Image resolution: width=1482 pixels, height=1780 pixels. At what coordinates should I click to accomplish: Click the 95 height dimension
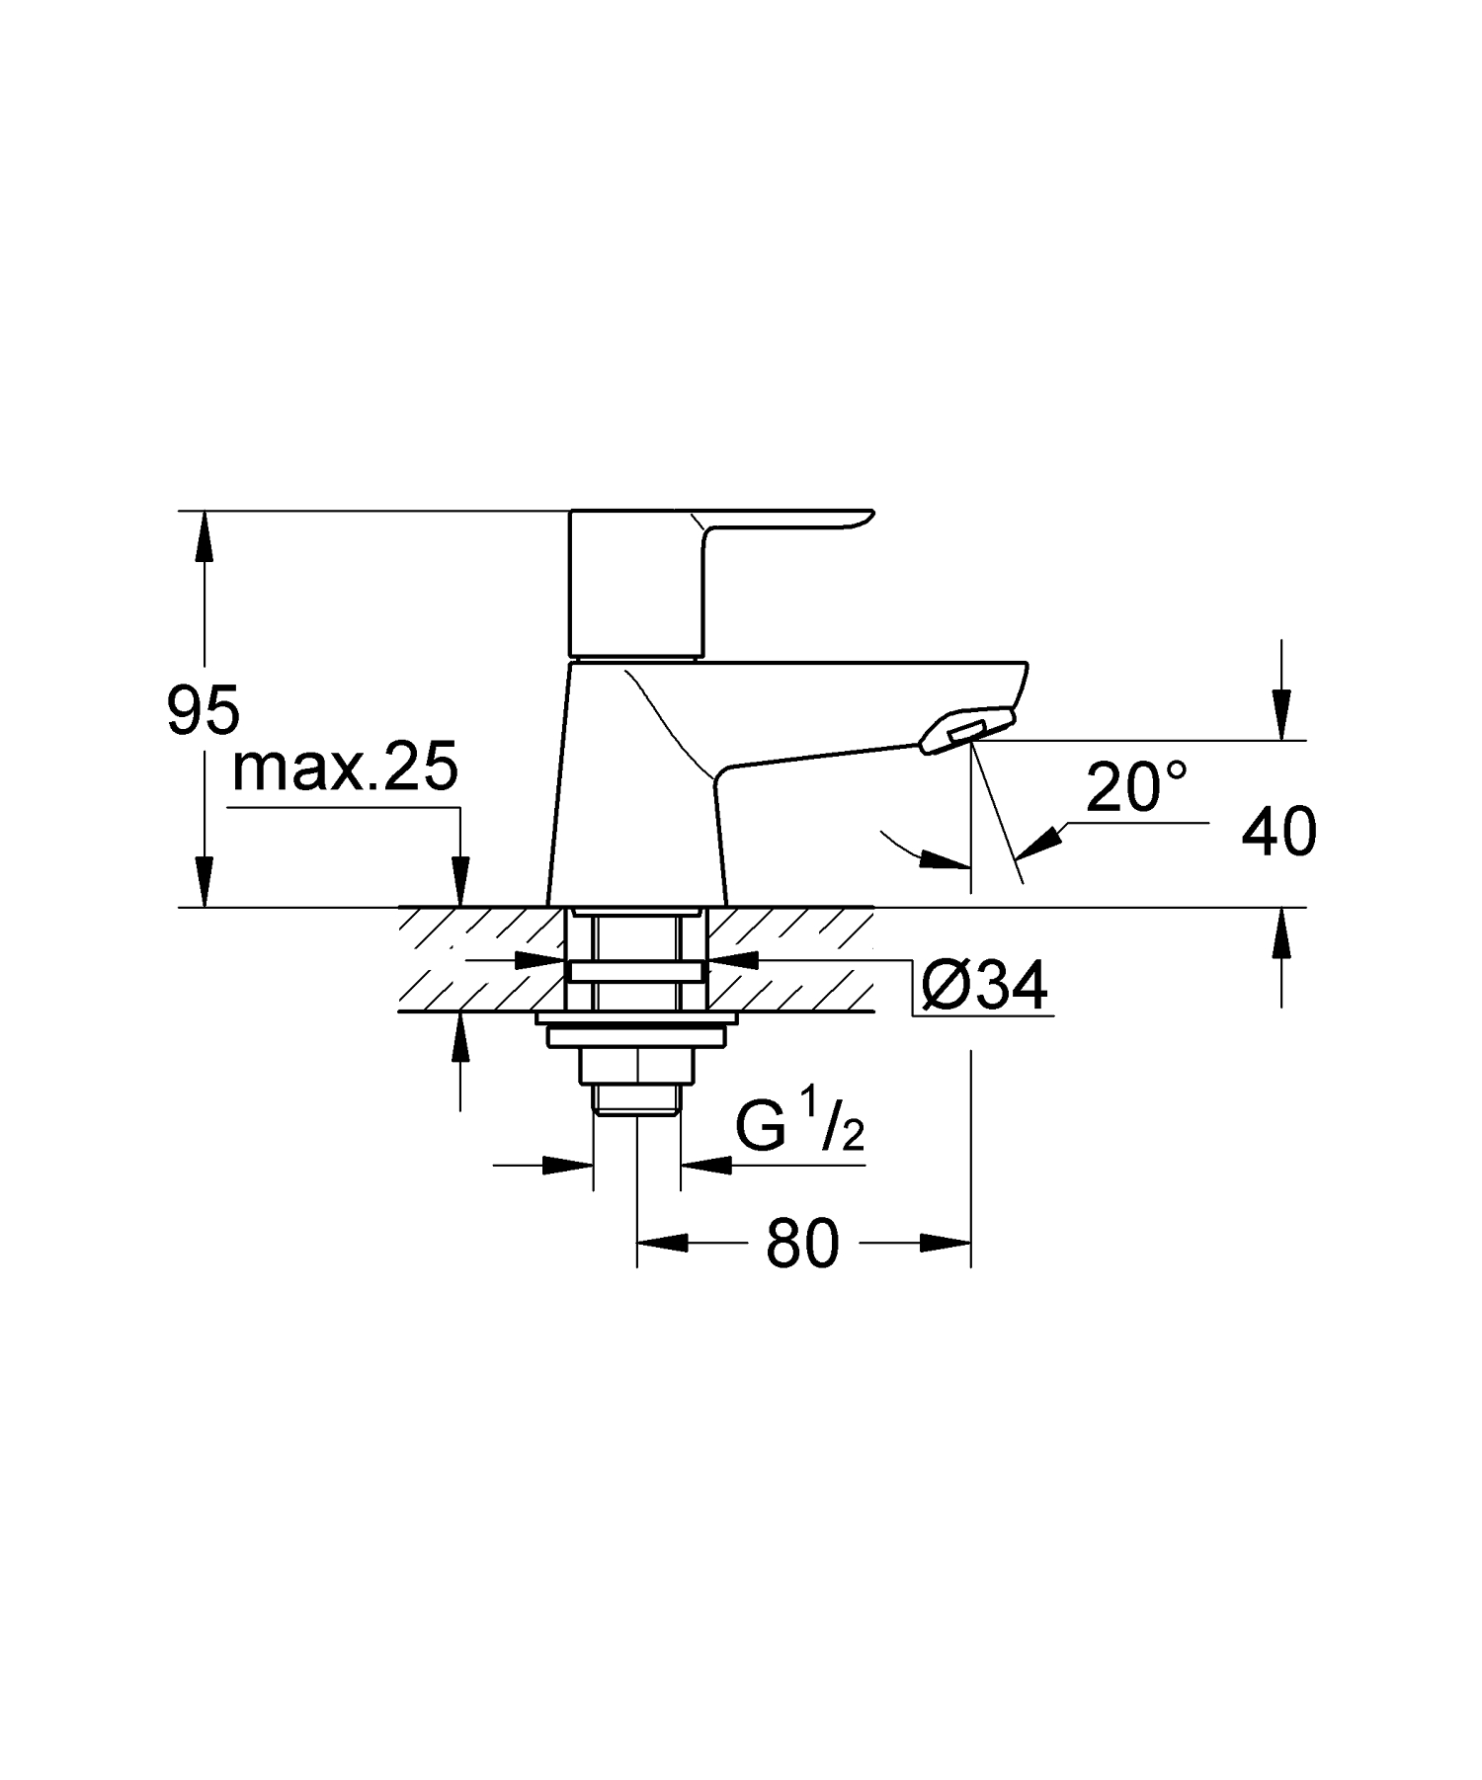coord(203,710)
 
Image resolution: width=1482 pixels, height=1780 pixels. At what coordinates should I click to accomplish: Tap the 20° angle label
coord(1136,787)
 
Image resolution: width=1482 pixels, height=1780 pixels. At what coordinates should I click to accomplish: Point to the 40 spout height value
coord(1278,832)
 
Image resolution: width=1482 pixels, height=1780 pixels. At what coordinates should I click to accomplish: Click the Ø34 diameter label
coord(983,986)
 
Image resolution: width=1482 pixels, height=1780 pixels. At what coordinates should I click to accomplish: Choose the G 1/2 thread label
coord(800,1128)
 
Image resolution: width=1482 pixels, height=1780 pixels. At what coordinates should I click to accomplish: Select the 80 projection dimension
coord(801,1244)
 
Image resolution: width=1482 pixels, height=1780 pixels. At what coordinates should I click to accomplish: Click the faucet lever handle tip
coord(860,518)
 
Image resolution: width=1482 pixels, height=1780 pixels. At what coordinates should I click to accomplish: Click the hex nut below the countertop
coord(637,1066)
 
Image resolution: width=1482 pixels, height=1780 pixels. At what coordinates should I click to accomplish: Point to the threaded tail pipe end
coord(636,1102)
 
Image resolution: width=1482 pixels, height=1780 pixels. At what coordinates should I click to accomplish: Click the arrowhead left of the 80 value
coord(662,1244)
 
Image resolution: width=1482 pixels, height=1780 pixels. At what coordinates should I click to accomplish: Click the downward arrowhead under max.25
coord(459,880)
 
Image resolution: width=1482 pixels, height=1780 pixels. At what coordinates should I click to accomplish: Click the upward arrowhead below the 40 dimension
coord(1281,932)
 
